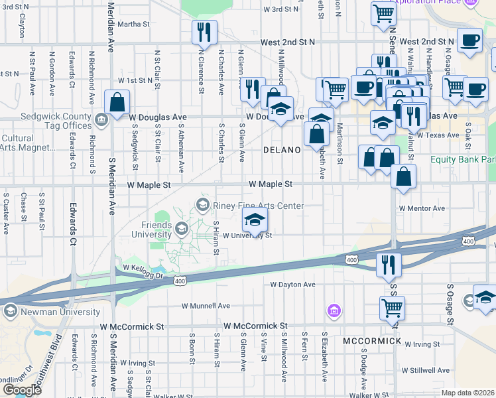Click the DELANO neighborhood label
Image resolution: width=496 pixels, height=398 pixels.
coord(282,150)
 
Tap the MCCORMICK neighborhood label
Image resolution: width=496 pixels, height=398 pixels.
coord(372,341)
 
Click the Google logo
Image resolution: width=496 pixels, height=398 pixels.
coord(22,390)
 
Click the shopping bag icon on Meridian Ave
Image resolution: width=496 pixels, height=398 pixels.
coord(117,103)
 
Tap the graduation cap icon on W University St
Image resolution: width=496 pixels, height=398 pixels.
coord(255,218)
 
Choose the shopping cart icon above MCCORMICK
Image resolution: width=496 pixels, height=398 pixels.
coord(392,307)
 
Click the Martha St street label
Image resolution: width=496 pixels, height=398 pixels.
coord(134,25)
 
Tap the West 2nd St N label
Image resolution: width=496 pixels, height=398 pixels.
coord(287,42)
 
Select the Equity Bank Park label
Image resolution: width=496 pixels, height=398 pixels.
coord(463,160)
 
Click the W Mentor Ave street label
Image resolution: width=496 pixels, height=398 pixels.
coord(422,208)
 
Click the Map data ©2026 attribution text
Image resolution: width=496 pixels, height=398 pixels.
coord(467,393)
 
